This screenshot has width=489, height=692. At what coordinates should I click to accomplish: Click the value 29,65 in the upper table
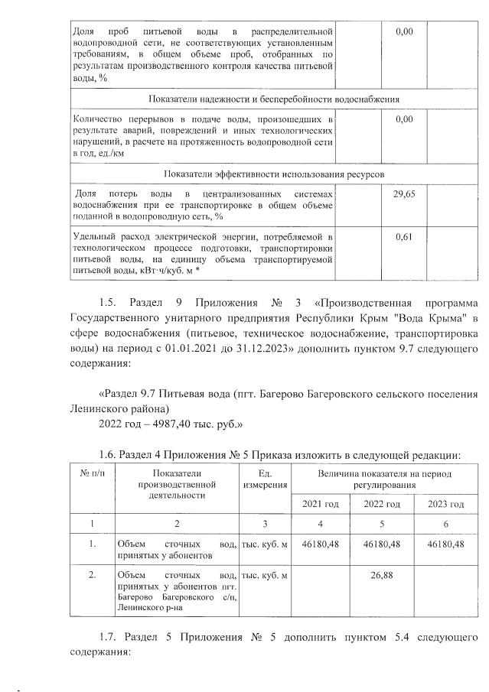(x=403, y=195)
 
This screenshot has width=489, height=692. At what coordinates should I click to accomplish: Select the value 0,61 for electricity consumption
(x=403, y=237)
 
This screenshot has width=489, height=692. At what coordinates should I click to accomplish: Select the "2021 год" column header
(x=321, y=504)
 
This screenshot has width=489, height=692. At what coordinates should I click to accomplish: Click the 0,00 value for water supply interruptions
(x=403, y=119)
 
